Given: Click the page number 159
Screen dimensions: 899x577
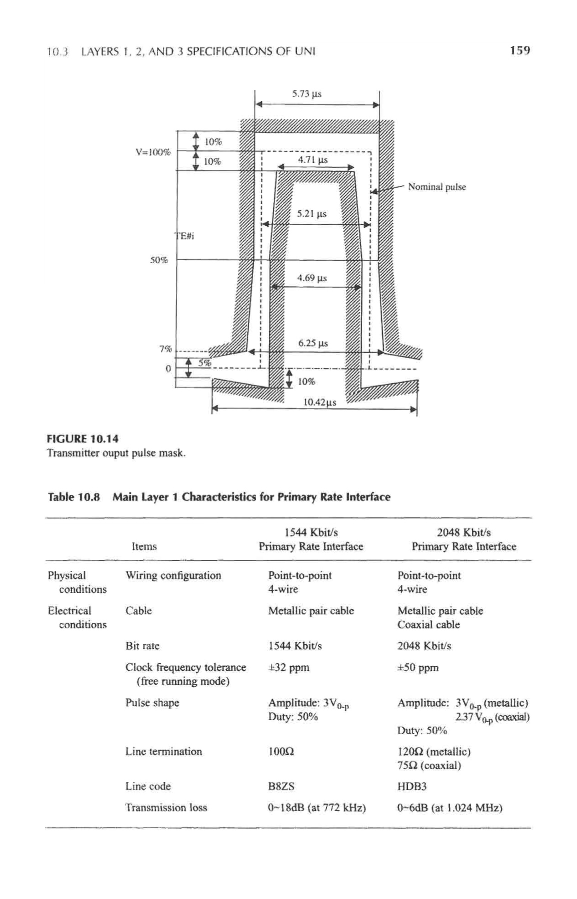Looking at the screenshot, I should pos(520,50).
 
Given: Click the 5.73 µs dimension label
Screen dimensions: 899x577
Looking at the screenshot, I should pos(307,93).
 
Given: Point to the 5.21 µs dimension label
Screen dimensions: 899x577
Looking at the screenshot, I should pos(311,214).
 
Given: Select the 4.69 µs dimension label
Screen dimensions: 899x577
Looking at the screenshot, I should pos(312,278).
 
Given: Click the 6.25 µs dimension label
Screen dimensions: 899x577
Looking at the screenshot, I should pos(313,343).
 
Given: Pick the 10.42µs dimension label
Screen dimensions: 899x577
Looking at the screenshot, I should pos(320,402).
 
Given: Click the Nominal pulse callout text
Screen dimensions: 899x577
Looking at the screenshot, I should pos(437,187).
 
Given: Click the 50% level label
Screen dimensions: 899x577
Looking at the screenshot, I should pos(159,260).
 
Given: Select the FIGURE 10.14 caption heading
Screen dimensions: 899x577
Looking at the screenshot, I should pos(82,439).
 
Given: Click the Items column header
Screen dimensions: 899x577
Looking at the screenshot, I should pos(144,546).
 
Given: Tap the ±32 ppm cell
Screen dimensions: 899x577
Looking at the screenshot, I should pos(288,667).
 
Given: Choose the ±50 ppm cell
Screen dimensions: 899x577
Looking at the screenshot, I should pos(418,667).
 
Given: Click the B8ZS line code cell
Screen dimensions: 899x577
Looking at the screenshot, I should pos(281,787).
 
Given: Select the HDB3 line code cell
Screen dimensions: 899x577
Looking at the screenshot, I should pos(412,787).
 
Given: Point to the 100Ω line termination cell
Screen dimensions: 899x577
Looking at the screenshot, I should pos(281,751).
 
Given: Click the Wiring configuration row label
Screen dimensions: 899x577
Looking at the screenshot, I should pos(173,575).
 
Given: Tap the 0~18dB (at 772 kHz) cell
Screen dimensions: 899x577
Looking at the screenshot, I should pos(317,808).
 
